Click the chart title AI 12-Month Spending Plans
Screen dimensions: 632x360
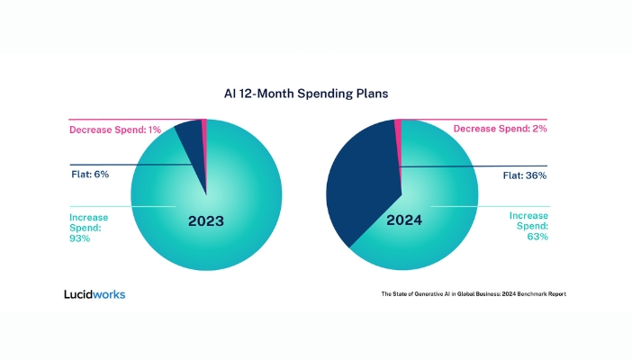point(306,94)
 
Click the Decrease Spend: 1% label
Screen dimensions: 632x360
point(115,130)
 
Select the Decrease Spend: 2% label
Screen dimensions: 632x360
point(501,129)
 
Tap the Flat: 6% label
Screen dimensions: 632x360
point(90,175)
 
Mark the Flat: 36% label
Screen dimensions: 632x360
point(525,175)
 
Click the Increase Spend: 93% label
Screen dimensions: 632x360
point(88,228)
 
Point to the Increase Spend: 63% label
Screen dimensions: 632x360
point(528,226)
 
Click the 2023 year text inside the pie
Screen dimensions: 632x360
point(206,220)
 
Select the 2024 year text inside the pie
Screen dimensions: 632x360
point(404,220)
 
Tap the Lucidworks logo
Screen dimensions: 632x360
point(95,294)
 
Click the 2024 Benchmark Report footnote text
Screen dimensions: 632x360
point(474,294)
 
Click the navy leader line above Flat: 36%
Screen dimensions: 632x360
point(474,166)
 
